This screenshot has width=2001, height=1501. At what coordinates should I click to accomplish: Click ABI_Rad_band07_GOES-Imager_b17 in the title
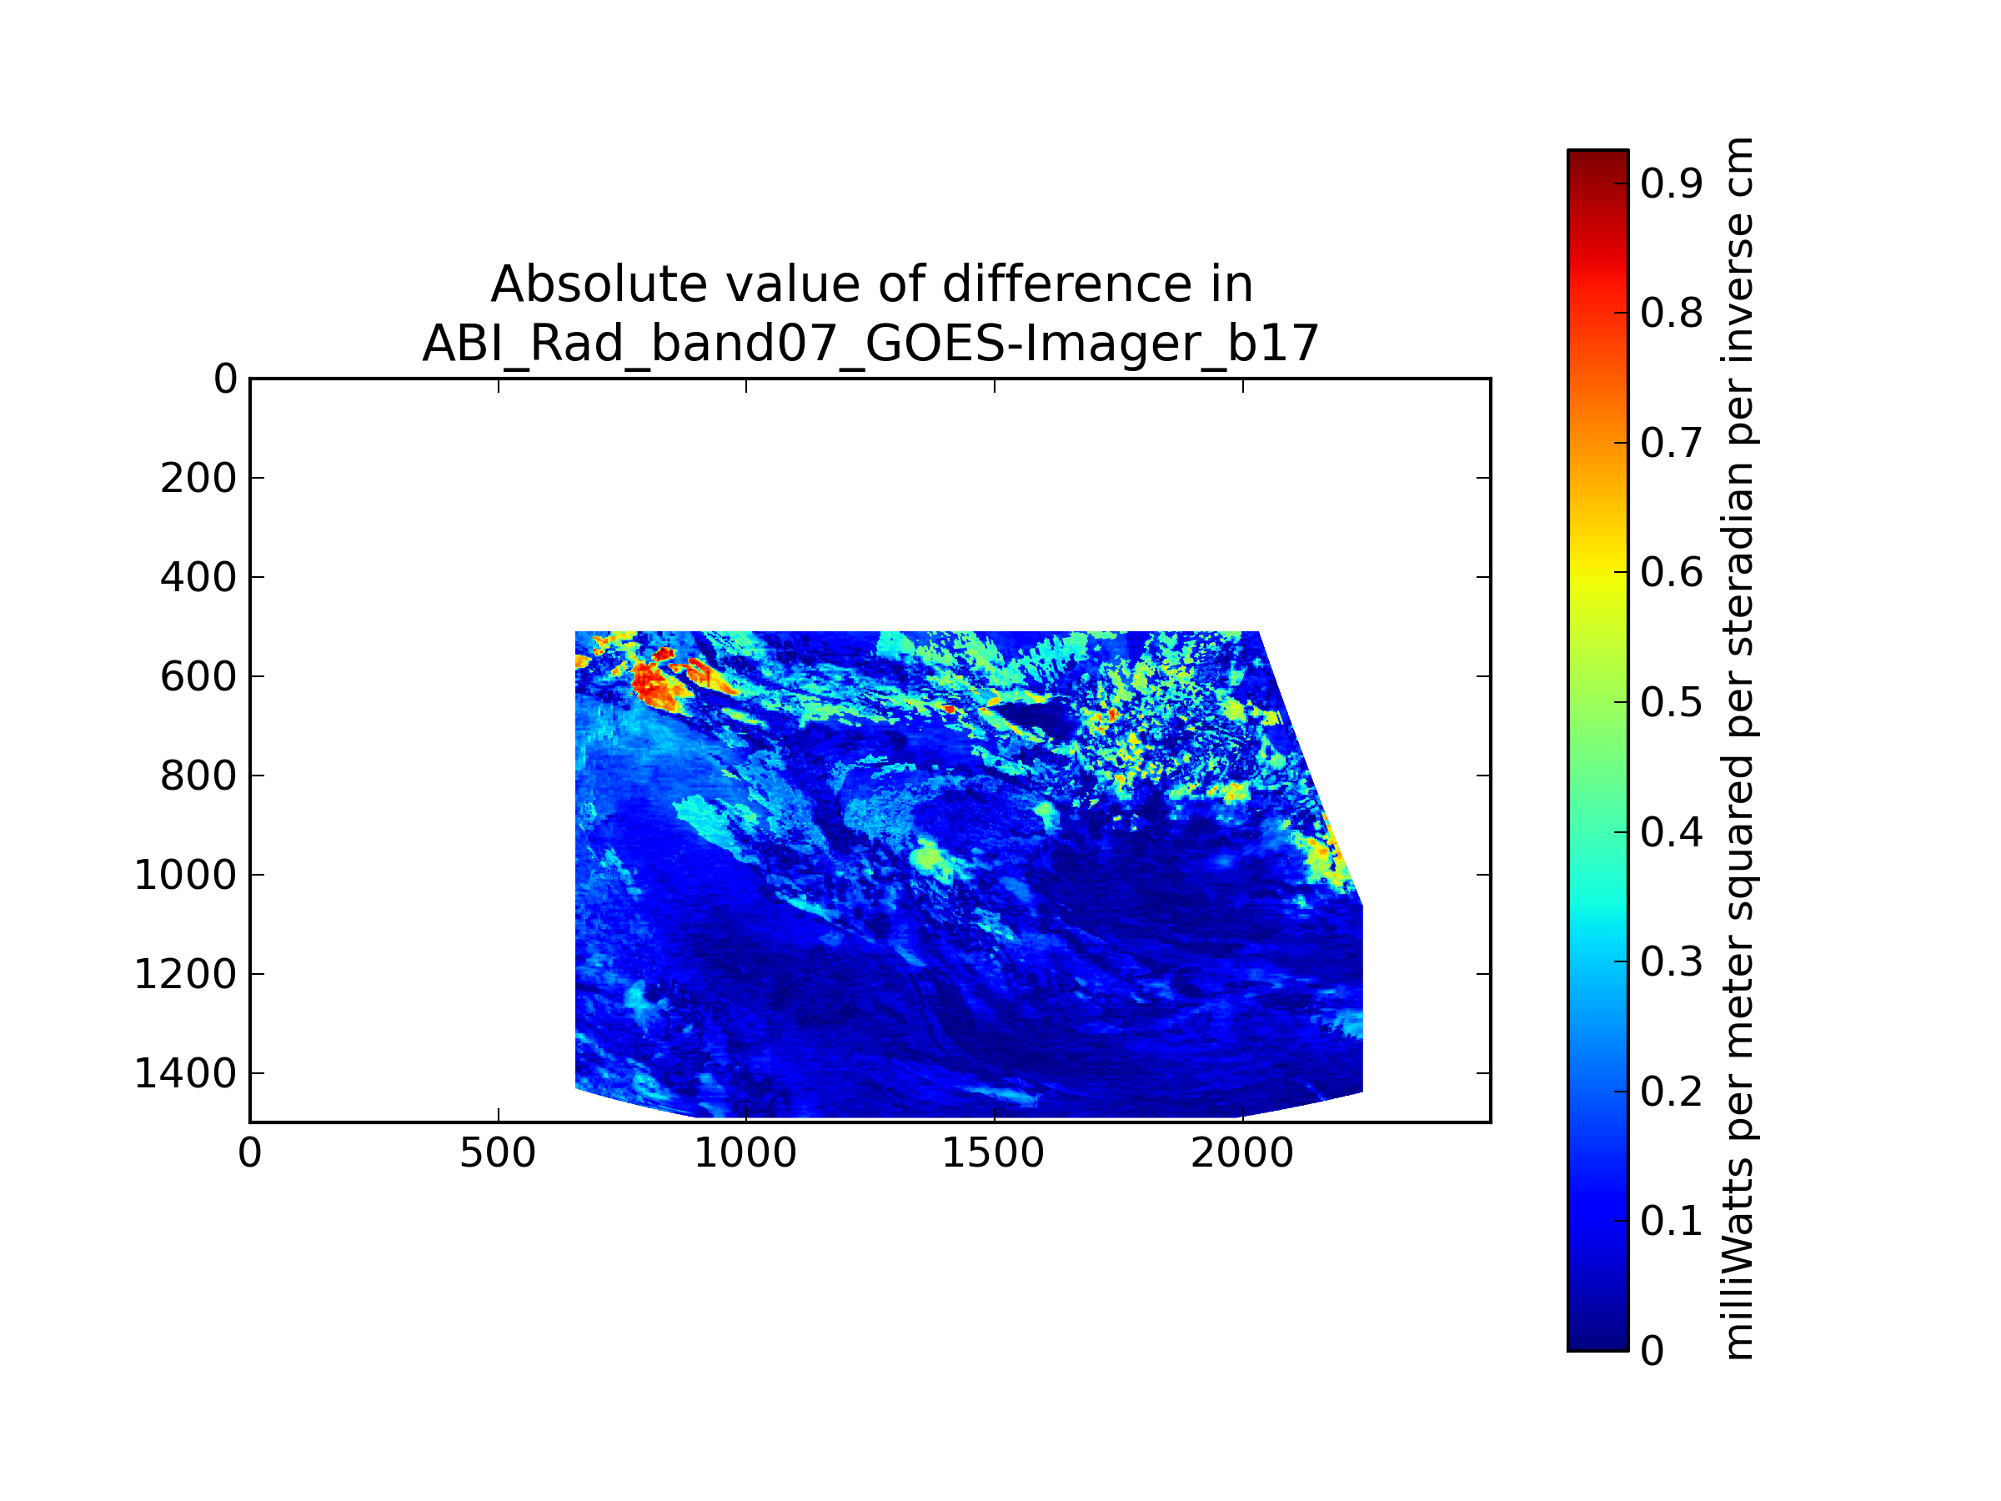point(870,344)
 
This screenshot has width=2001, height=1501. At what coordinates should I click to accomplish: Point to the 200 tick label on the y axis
point(198,478)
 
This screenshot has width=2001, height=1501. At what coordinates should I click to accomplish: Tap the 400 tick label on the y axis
point(198,577)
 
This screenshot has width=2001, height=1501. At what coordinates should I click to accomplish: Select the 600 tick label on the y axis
point(198,677)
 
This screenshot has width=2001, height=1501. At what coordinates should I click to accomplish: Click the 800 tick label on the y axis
point(198,776)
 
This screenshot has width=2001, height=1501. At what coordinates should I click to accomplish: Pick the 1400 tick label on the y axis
point(185,1074)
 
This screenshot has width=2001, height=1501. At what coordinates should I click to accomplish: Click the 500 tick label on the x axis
point(498,1153)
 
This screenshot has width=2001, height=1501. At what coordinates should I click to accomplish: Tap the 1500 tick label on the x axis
point(993,1153)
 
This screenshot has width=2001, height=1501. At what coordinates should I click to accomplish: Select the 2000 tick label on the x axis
point(1242,1153)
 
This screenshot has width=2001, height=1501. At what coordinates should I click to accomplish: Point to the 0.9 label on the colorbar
point(1672,183)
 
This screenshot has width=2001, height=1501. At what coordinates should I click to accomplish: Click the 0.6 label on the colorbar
point(1672,573)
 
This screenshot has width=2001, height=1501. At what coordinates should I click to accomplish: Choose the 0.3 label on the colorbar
point(1672,961)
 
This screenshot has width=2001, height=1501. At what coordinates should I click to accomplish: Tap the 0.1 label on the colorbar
point(1672,1222)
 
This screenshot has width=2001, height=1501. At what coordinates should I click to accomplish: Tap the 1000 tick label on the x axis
point(745,1153)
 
